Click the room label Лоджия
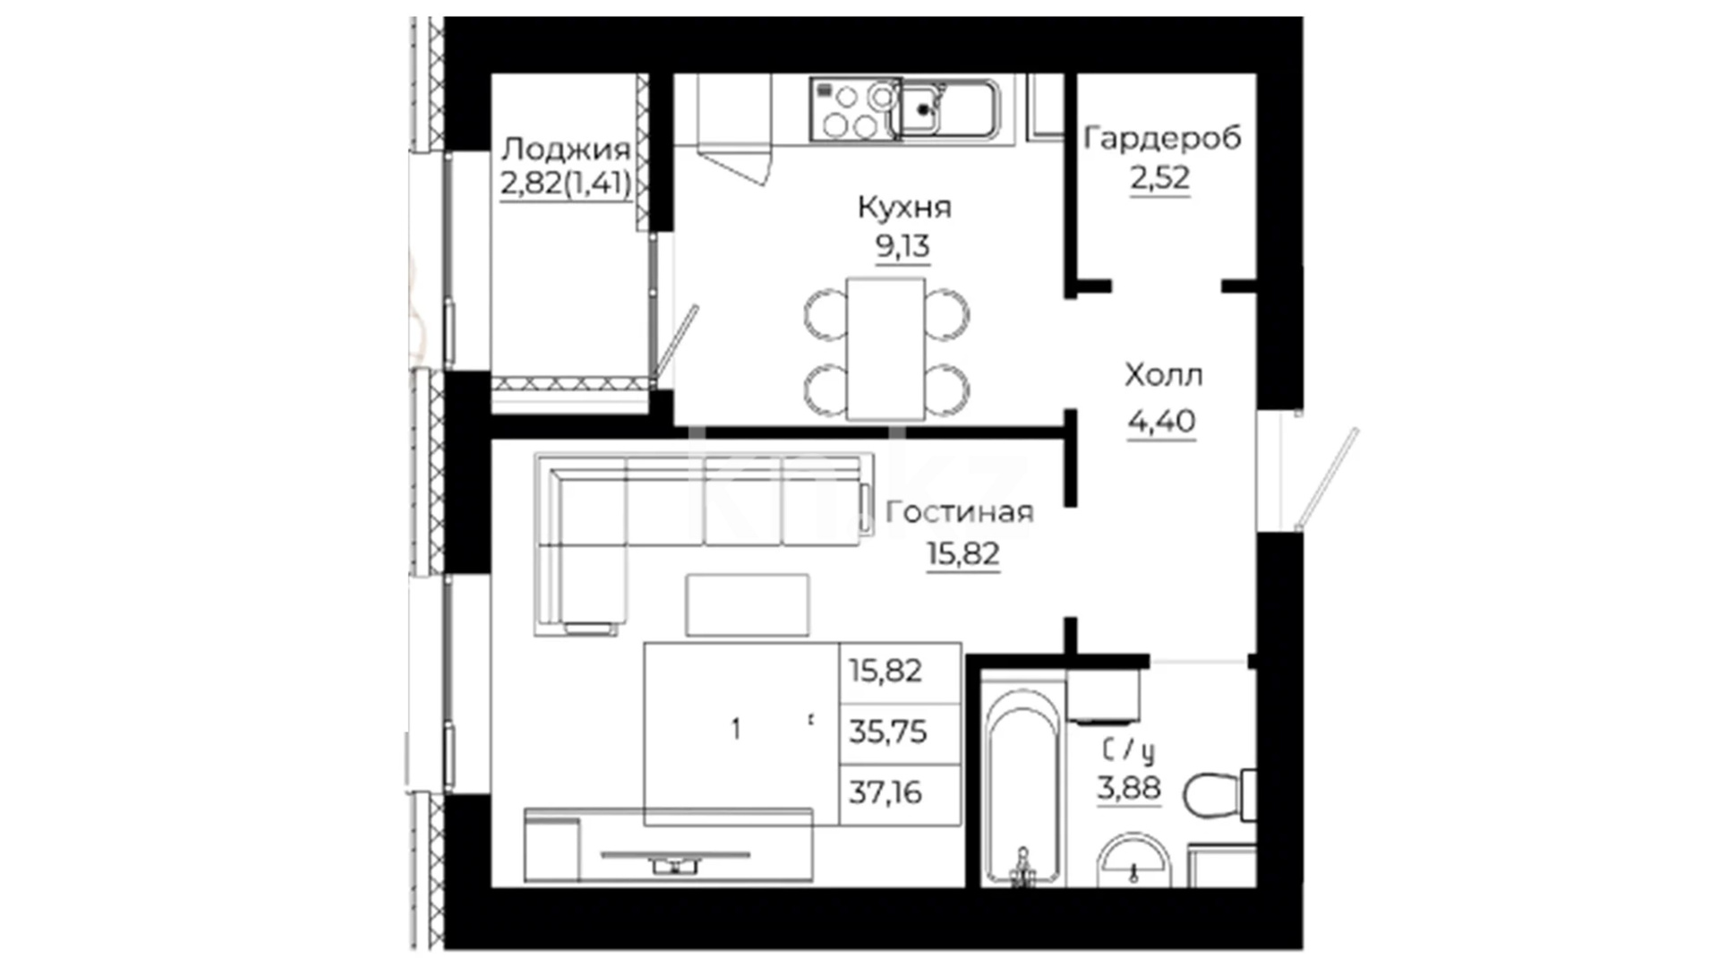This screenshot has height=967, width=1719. (565, 150)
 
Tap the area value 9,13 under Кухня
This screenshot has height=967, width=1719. (902, 245)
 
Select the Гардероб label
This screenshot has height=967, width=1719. (1162, 139)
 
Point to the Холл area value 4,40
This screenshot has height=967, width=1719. (1161, 421)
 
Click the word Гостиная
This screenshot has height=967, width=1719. (959, 512)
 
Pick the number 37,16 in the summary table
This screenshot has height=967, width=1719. (885, 792)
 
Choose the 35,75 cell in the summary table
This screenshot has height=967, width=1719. (888, 732)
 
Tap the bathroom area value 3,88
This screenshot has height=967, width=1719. (1129, 789)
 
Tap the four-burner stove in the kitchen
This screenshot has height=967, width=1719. (853, 109)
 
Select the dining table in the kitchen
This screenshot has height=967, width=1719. (885, 348)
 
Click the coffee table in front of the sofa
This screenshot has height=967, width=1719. (748, 605)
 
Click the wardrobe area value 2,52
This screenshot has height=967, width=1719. (1160, 178)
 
